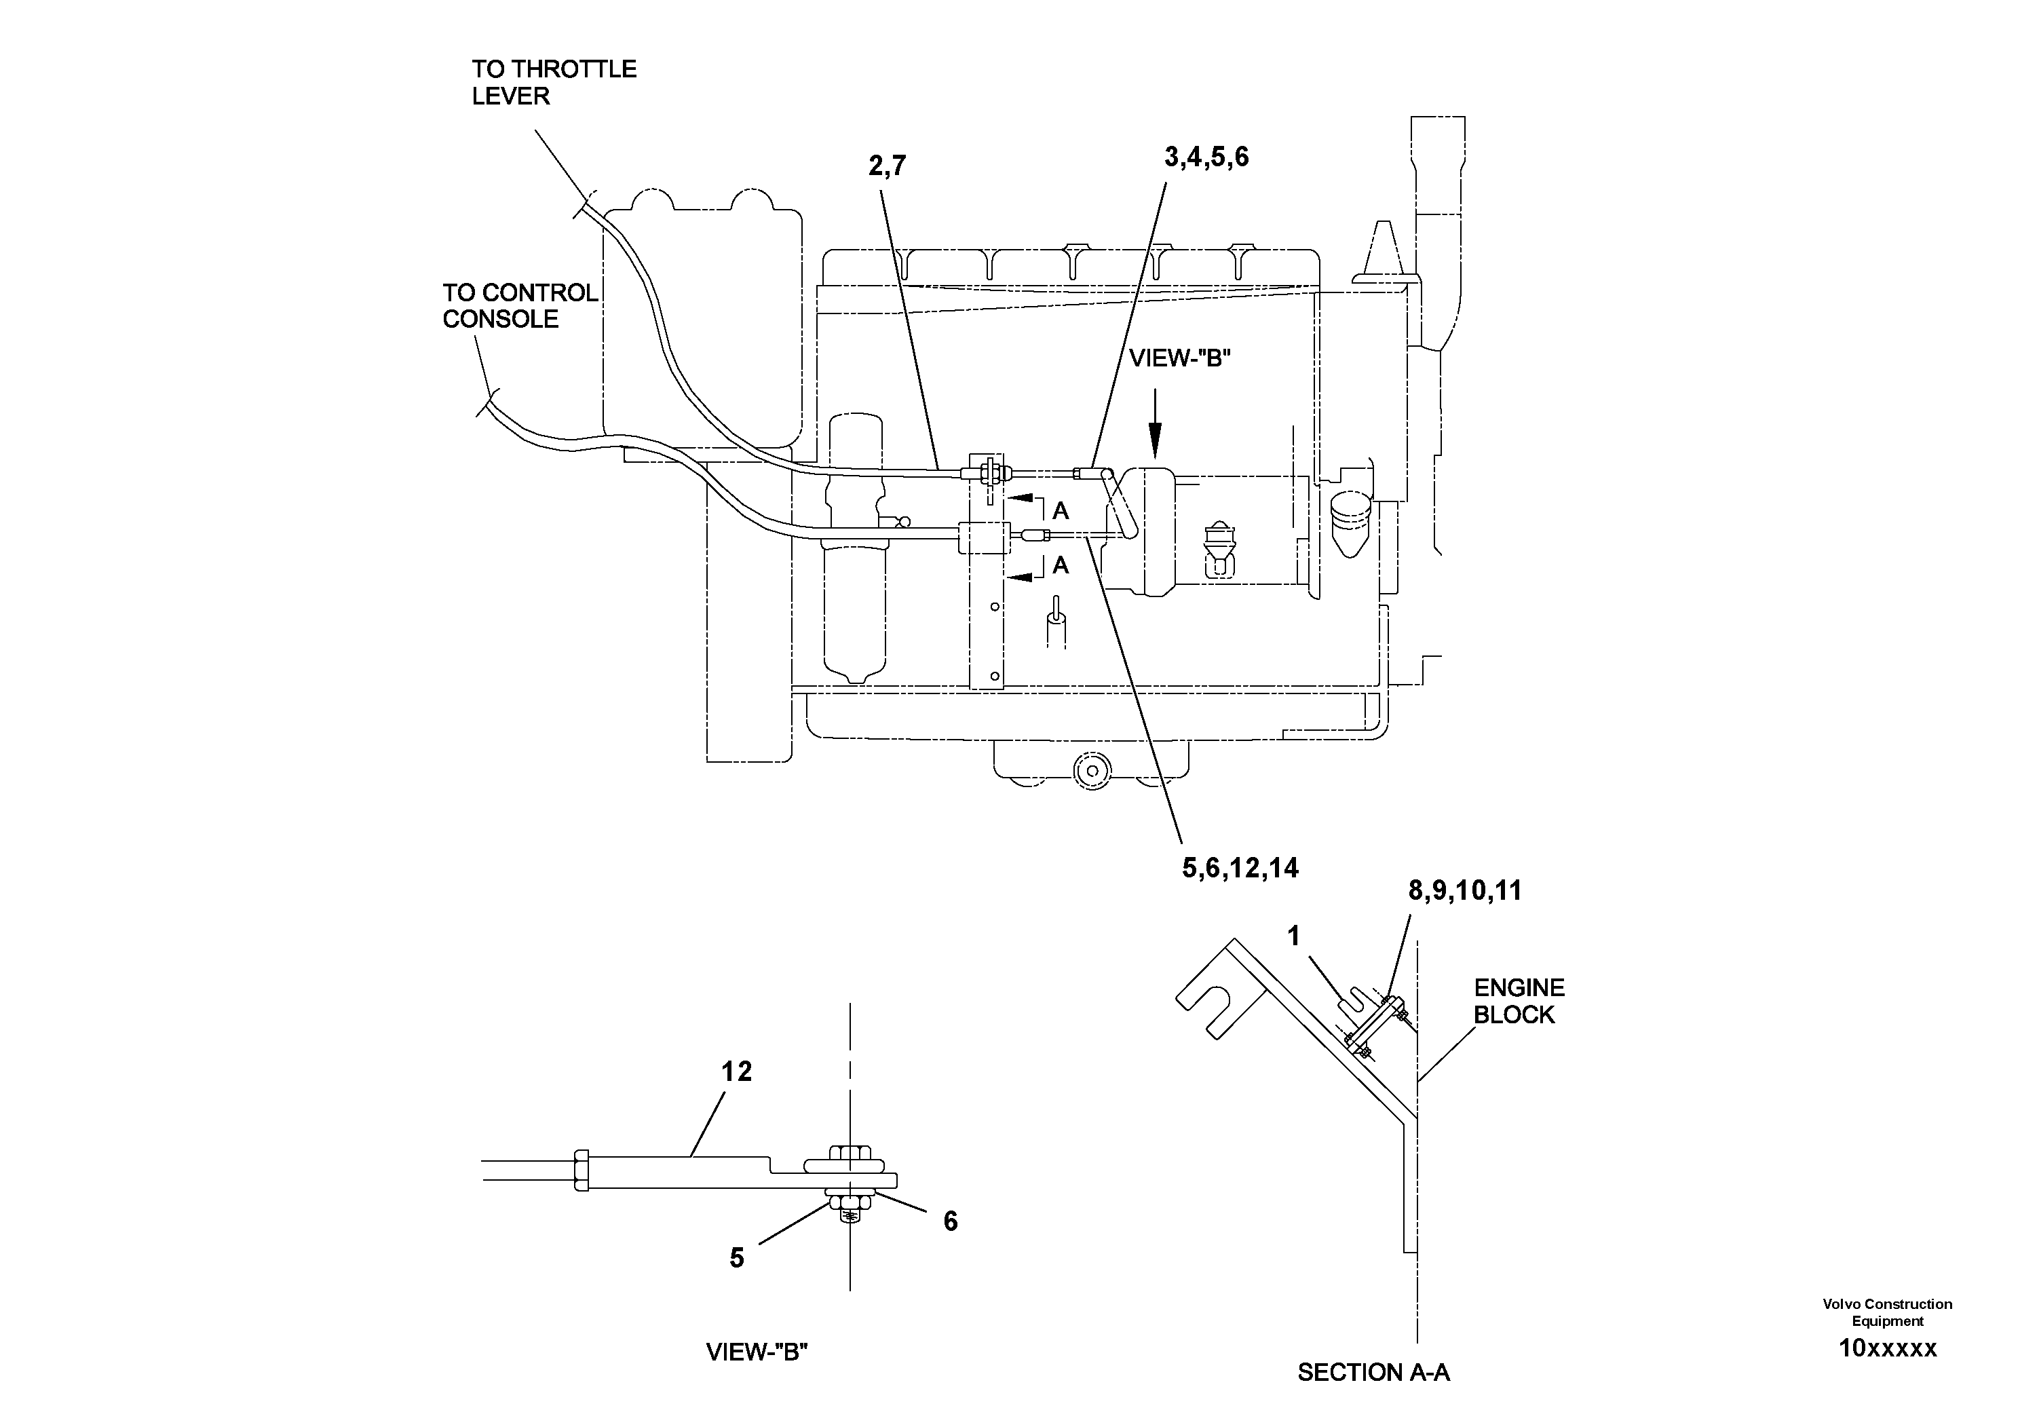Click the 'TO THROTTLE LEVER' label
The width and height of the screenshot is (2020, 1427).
click(x=554, y=83)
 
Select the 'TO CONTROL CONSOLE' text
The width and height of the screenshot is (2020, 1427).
click(x=519, y=305)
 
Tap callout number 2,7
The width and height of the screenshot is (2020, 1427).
click(x=887, y=166)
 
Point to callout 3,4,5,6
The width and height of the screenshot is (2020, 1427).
click(x=1206, y=157)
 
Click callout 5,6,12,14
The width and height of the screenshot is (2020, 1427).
click(x=1240, y=869)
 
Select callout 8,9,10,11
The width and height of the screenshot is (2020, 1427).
click(x=1465, y=890)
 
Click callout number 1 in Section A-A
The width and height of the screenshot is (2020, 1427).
click(x=1293, y=936)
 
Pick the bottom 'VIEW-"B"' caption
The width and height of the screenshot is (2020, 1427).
click(x=757, y=1351)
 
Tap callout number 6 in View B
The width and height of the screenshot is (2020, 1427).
click(x=950, y=1221)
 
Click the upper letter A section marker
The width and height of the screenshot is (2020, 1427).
click(x=1060, y=510)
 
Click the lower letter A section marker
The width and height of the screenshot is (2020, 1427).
click(x=1060, y=565)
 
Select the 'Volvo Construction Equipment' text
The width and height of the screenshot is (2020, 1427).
click(x=1887, y=1312)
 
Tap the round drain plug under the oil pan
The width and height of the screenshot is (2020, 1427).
click(x=1092, y=771)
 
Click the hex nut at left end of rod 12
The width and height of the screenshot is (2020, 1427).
click(x=581, y=1171)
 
